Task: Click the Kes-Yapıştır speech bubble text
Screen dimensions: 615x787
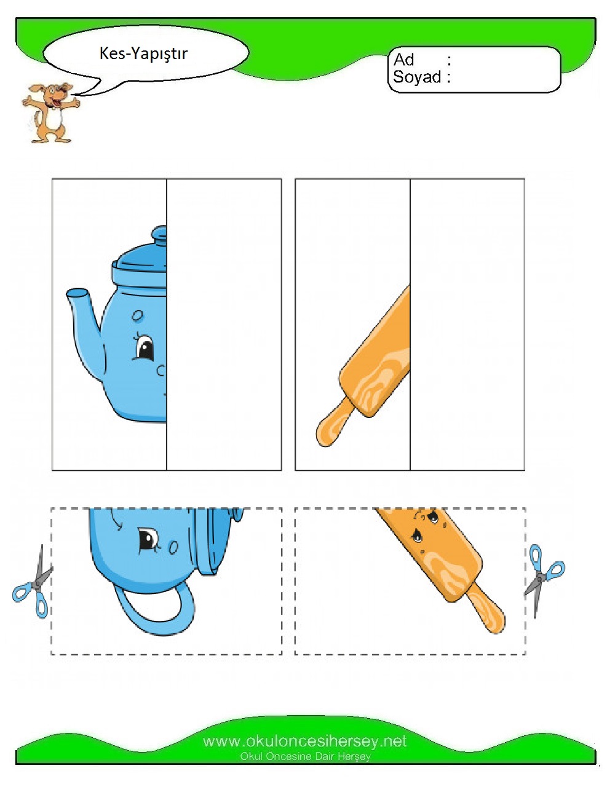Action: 143,53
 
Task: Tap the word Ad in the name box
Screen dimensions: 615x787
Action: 403,60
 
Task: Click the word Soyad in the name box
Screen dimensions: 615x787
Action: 417,77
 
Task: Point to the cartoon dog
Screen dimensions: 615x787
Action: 50,113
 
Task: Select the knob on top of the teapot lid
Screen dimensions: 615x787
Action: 159,235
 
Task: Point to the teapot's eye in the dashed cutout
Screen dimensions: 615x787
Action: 148,540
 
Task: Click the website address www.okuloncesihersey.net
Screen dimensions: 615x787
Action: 305,742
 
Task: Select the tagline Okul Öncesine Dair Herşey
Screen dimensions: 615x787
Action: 305,756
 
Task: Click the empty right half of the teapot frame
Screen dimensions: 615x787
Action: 224,325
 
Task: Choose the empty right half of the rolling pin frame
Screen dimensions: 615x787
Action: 467,325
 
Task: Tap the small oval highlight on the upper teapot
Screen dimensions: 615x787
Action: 137,316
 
